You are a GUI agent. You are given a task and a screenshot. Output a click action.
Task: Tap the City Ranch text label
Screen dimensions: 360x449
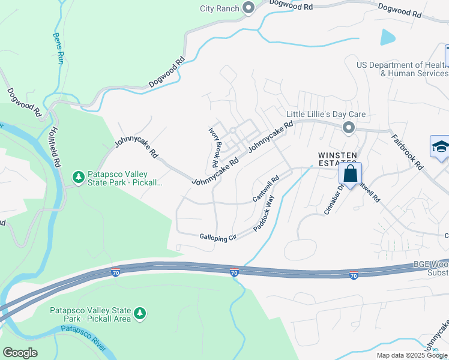[220, 8]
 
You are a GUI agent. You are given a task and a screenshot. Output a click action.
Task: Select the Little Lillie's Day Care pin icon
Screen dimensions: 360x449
[348, 127]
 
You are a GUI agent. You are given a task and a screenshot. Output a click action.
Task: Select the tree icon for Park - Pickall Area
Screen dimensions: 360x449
[140, 313]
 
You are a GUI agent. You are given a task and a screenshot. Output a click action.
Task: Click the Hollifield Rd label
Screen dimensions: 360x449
[56, 146]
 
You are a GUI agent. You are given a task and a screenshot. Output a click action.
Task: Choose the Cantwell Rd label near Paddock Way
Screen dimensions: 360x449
[267, 188]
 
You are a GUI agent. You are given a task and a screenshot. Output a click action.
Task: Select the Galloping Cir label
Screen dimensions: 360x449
[218, 237]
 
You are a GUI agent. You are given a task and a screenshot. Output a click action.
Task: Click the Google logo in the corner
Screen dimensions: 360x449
[20, 352]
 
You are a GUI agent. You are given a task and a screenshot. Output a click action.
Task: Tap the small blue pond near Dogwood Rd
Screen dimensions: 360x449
[388, 37]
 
